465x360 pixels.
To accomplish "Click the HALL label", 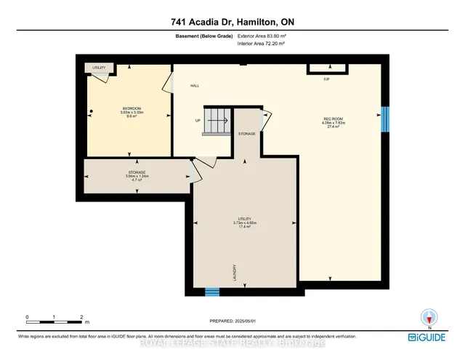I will coord(195,86).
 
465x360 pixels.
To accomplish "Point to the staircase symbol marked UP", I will coord(216,121).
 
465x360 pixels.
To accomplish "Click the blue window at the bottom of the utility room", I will coord(211,292).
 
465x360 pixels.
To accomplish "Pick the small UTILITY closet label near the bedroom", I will coord(99,68).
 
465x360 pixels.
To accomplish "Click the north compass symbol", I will coord(430,317).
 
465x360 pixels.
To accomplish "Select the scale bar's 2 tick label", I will coord(81,316).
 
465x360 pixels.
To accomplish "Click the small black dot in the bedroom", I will coord(92,111).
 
